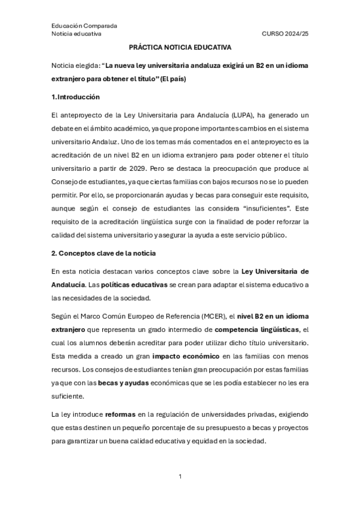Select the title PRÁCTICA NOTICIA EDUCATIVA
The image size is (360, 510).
click(180, 48)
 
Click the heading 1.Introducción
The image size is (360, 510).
click(75, 97)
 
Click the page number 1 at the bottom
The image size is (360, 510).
click(180, 476)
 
